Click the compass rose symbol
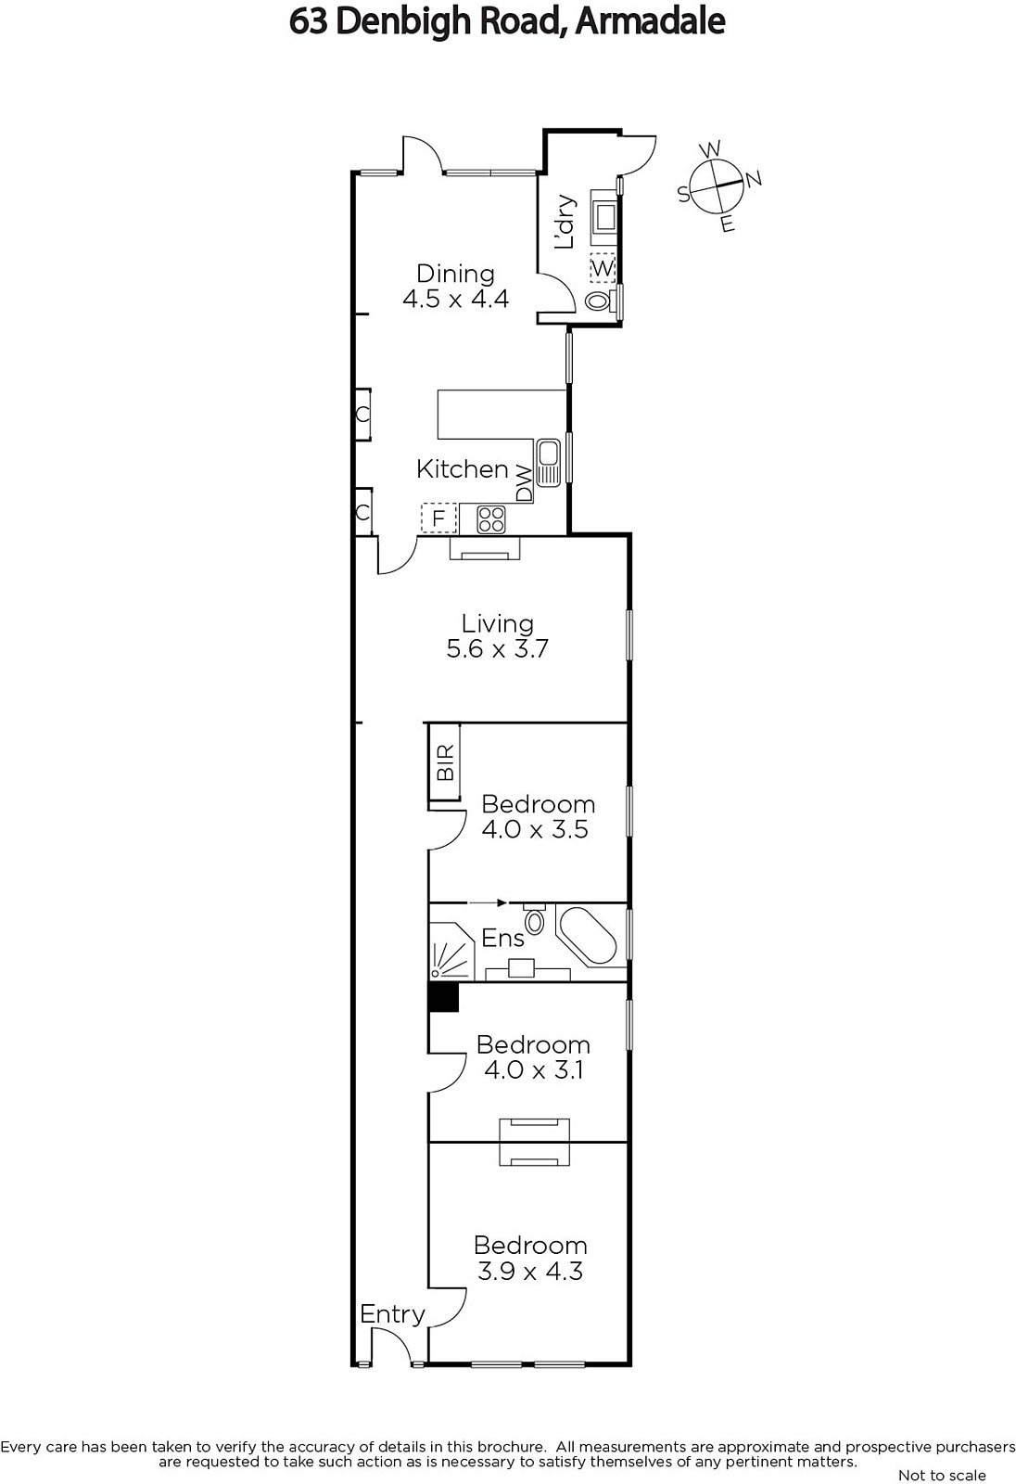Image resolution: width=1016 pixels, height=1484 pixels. pos(718,186)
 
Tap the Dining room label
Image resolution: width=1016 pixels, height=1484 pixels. pos(456,273)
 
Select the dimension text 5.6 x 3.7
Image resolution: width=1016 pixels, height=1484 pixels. pos(498,648)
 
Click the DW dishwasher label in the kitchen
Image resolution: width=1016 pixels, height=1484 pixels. pos(524,483)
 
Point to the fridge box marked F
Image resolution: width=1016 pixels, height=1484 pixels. pos(438,518)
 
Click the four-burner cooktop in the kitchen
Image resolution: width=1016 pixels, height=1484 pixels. pos(491,518)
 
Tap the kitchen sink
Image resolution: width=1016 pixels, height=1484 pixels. pos(549,462)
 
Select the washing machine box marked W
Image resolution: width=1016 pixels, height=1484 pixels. pos(603,268)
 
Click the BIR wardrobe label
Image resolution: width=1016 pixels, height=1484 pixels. pos(447,761)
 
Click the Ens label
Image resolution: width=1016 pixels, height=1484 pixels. pos(502,938)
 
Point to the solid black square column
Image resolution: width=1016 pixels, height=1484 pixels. pos(443,997)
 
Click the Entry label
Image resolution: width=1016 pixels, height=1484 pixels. pos(392,1314)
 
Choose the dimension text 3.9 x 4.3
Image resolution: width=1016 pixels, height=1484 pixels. pos(530,1272)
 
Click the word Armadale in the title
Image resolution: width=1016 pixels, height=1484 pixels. pos(650,22)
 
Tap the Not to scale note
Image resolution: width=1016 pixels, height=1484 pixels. pos(942,1475)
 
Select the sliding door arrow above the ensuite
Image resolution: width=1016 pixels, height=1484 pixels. pos(488,902)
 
